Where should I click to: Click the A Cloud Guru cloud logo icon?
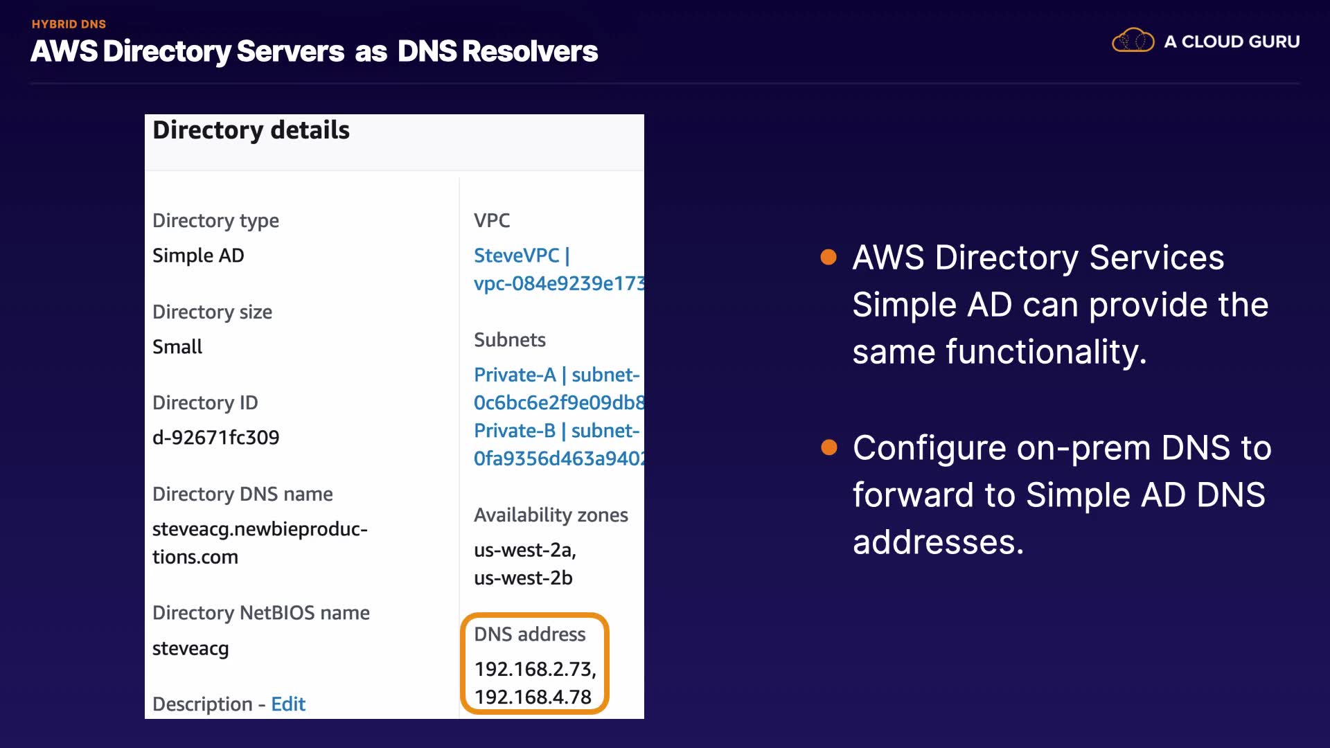coord(1133,41)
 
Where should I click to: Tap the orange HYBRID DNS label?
coord(69,24)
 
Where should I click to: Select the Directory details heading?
coord(251,130)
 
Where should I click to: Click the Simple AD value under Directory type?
coord(198,256)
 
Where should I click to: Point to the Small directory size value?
coord(177,346)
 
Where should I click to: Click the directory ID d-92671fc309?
coord(215,438)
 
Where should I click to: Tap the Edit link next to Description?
coord(288,704)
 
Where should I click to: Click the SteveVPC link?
coord(517,256)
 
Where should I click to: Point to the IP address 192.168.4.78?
coord(533,697)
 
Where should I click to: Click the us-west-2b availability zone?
coord(523,578)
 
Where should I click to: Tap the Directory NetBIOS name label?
coord(260,613)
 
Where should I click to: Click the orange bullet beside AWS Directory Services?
coord(828,258)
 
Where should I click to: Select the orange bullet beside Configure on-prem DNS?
coord(828,447)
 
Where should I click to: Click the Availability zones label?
coord(551,515)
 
